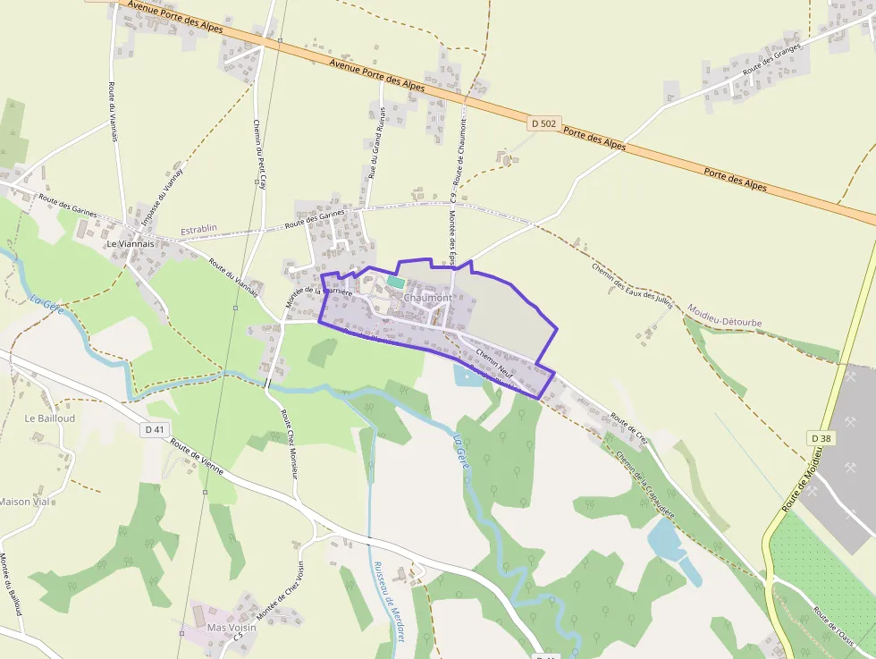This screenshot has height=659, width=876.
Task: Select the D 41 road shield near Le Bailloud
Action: [x=155, y=429]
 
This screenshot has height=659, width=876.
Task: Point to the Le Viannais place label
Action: [x=130, y=243]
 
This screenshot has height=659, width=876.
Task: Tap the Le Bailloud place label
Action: [x=50, y=418]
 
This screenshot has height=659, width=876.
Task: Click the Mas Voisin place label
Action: [x=232, y=627]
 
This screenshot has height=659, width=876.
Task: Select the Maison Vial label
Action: [x=24, y=502]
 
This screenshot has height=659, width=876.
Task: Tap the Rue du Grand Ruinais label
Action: [x=375, y=149]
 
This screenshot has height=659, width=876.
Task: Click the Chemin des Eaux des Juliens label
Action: [x=631, y=284]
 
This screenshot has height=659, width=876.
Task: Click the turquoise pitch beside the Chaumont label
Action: [x=395, y=282]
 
